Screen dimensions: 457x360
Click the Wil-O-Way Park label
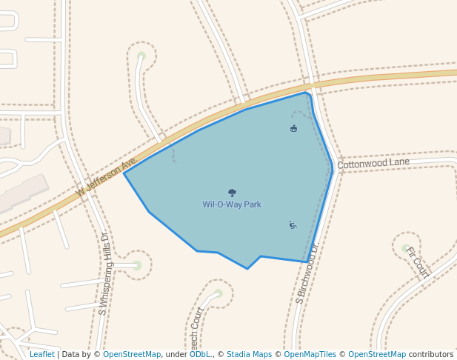(x=232, y=204)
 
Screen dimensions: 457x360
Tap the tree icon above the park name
(x=232, y=193)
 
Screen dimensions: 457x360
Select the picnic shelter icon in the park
(x=293, y=129)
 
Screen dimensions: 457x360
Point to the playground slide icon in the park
(x=293, y=224)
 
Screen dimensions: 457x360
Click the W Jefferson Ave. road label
(x=107, y=178)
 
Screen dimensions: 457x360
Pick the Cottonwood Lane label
(x=373, y=162)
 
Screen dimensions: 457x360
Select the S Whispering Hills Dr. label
(x=103, y=274)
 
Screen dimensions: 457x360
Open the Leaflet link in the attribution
(x=41, y=354)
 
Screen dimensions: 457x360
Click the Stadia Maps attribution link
(x=249, y=354)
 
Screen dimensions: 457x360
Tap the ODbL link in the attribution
(x=199, y=354)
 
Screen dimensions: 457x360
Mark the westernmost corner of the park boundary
(x=124, y=173)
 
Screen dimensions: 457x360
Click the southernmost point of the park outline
(x=247, y=269)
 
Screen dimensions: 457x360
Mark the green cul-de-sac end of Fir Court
(x=405, y=248)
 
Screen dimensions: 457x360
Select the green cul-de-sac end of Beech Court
(x=218, y=293)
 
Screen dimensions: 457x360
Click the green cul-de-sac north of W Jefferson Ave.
(x=141, y=56)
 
